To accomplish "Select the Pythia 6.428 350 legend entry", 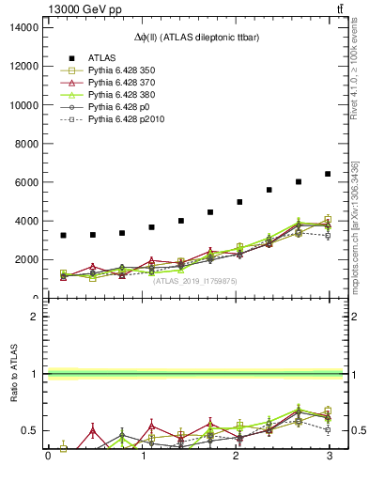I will tap(122, 70).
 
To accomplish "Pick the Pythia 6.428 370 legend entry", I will tap(122, 83).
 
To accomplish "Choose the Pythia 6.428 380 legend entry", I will tap(122, 95).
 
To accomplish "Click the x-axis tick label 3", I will tap(329, 457).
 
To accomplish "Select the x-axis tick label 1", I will tap(142, 457).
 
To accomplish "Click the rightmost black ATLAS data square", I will tap(328, 174).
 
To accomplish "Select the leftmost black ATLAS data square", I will tap(63, 235).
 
